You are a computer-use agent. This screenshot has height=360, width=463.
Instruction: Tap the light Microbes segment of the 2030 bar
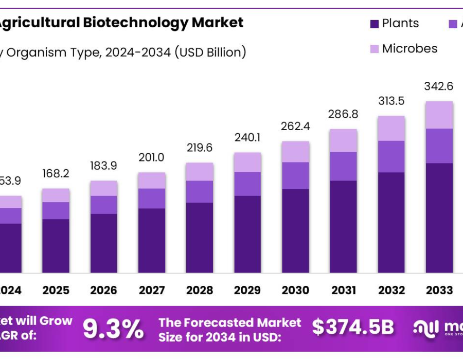coord(295,152)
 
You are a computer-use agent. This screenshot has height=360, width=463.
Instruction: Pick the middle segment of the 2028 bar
coord(200,191)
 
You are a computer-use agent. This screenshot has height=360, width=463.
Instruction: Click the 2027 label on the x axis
coord(151,291)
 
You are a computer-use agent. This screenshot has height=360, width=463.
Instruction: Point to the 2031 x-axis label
coord(343,291)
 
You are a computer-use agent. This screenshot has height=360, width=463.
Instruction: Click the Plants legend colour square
coord(375,24)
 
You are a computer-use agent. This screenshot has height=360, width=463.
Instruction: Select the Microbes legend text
coord(409,49)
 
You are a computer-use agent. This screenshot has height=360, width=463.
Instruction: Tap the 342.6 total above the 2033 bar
coord(439,86)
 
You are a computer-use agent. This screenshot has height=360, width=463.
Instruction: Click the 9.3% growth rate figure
coord(113,329)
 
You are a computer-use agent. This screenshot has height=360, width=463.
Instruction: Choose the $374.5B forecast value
coord(353,327)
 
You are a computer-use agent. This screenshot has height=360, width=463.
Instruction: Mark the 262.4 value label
coord(295,127)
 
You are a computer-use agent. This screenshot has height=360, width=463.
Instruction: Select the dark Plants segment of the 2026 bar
coord(103,243)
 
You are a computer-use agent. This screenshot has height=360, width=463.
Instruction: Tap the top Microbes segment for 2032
coord(391,128)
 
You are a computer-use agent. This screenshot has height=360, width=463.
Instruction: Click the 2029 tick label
coord(247,291)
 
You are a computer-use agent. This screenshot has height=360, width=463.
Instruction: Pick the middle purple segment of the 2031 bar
coord(343,166)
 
